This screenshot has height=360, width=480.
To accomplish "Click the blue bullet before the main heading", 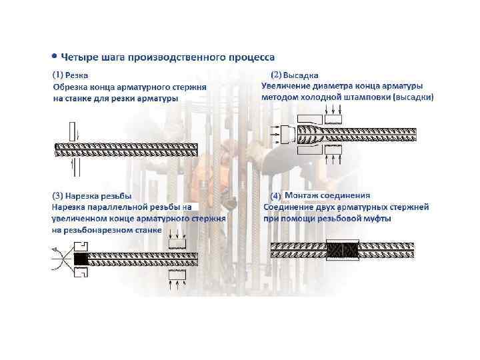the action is tap(55, 56).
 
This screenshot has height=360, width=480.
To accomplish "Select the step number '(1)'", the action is tap(58, 75).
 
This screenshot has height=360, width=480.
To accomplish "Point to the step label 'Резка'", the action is tap(77, 75).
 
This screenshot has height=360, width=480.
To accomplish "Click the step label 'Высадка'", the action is tap(301, 75).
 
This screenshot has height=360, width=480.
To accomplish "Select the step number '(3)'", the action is tap(57, 195).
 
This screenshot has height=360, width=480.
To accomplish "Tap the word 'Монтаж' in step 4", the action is tap(301, 195).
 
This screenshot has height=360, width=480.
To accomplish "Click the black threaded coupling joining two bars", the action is tap(343, 250).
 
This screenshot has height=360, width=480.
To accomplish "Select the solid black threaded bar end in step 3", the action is tap(81, 259).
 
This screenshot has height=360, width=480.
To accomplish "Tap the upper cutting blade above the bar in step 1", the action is tap(72, 131).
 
